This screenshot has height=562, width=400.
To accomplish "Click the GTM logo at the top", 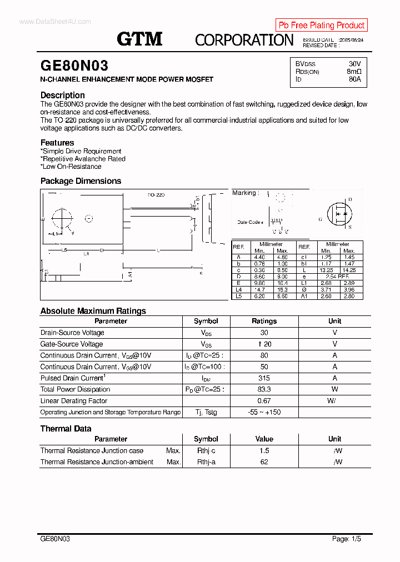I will click(139, 39).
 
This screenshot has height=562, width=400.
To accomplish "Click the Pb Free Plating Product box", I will click(321, 25).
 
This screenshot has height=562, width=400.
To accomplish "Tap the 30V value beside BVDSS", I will click(354, 64).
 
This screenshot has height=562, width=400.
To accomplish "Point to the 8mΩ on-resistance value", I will click(354, 72).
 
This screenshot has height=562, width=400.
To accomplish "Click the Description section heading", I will click(63, 95).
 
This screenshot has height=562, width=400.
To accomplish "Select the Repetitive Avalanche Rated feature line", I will click(83, 159).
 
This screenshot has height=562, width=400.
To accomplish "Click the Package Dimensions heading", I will click(81, 181).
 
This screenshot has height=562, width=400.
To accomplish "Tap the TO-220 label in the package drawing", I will click(156, 195).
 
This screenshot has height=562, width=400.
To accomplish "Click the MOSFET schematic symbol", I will click(338, 213).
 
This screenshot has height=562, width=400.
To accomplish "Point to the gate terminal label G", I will click(320, 219).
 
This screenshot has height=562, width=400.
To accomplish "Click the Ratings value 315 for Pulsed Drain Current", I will click(264, 378).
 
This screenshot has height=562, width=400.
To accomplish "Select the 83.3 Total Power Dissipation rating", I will click(264, 389).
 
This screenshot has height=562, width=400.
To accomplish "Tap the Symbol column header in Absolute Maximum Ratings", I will click(206, 321).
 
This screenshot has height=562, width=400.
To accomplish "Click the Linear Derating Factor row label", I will click(74, 401).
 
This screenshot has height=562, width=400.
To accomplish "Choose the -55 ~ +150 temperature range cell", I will click(264, 412).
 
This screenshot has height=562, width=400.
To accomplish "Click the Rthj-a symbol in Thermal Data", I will click(206, 462).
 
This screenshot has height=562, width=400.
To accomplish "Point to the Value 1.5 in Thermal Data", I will click(264, 451).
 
